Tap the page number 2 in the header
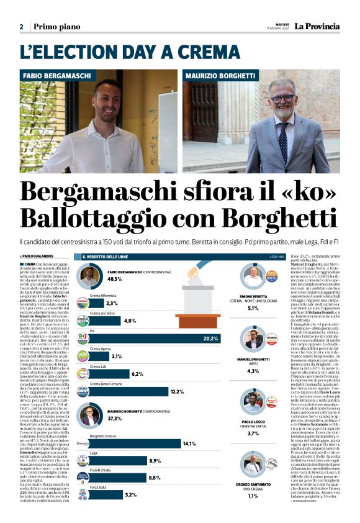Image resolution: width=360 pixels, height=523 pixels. click(x=21, y=27)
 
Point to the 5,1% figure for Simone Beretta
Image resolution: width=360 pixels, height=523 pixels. click(x=253, y=308)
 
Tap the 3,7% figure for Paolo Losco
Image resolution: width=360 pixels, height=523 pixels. click(x=253, y=433)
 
